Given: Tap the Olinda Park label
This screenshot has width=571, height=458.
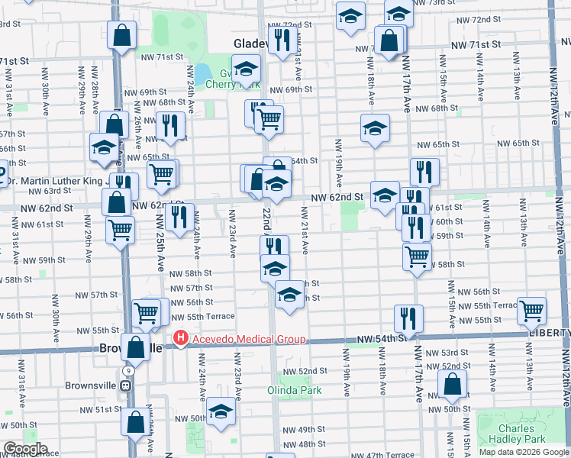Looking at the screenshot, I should coord(294,390).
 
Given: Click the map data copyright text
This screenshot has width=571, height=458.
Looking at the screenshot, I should coord(524,452).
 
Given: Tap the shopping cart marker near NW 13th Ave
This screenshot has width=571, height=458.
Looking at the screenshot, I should coord(531,310).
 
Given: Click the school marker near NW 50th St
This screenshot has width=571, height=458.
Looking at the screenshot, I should coord(221,410).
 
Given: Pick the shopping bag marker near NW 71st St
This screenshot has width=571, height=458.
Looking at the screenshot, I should coord(121,34).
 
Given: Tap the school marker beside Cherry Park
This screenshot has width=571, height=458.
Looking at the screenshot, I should coord(246,69).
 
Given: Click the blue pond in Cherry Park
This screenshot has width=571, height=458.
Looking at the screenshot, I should coord(203,74).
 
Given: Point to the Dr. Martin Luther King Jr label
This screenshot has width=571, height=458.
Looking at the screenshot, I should coord(53,181).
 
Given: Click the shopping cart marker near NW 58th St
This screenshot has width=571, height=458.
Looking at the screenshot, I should coord(417,256).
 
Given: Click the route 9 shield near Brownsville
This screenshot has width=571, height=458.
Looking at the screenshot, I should coord(129,370).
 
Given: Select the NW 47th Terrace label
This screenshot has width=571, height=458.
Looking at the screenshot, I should coord(389,455).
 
